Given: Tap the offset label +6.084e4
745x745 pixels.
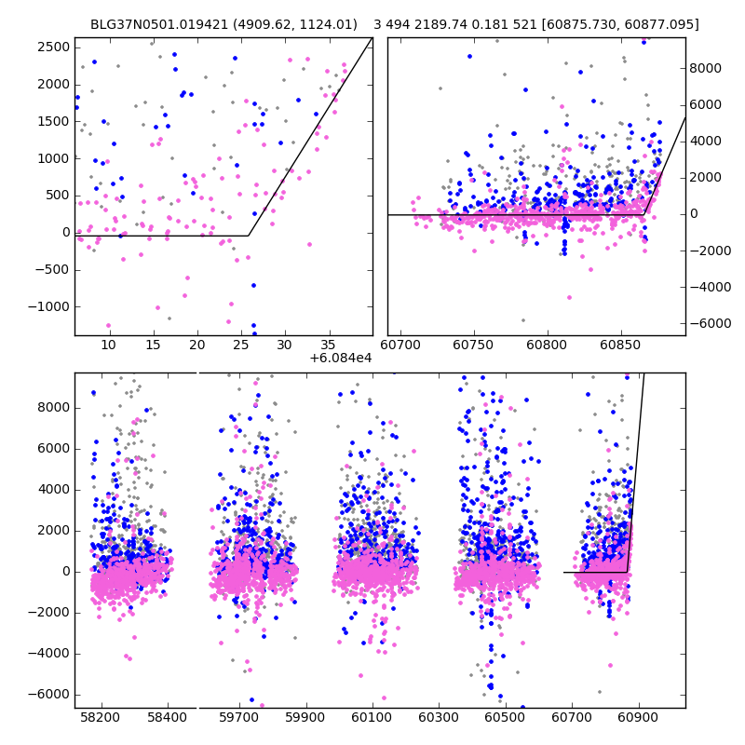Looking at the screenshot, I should click(x=341, y=358).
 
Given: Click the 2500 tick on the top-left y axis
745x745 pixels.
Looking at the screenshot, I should click(x=53, y=47).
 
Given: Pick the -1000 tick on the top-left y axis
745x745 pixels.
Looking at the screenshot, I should click(x=50, y=306).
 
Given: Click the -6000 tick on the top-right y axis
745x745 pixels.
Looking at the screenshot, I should click(x=708, y=322).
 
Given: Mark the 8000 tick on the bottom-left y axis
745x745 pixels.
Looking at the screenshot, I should click(x=53, y=408).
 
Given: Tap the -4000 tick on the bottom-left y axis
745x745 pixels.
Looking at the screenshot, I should click(x=50, y=654).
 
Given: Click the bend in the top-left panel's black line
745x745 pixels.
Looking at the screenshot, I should click(x=248, y=236).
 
